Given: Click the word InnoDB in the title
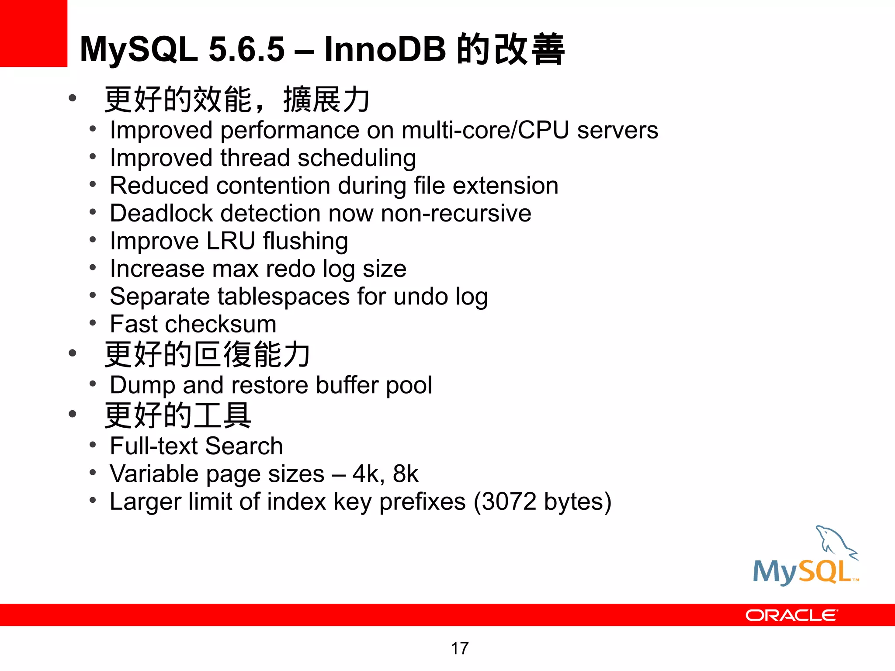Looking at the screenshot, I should [x=385, y=49].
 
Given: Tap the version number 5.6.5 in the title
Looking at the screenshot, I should [x=246, y=49].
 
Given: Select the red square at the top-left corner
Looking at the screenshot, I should [x=33, y=33].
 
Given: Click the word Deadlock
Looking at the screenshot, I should [x=161, y=213].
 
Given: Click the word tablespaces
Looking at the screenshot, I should [x=284, y=297].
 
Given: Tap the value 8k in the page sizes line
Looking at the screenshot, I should [x=406, y=474].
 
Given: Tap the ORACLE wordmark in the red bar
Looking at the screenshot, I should [x=791, y=615].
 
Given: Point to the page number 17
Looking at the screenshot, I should [x=459, y=648].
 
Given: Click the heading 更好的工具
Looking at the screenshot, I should [x=178, y=415].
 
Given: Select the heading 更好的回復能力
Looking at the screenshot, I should [x=208, y=354].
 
